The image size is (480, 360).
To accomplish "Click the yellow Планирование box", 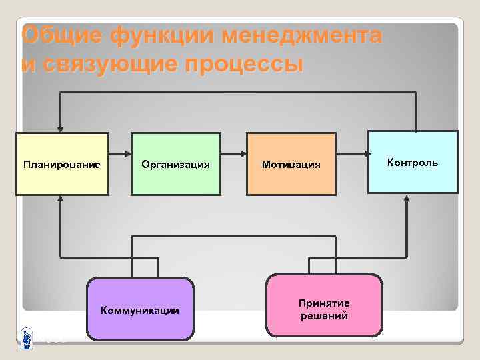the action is point(62,164).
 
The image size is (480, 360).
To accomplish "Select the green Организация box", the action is point(175,164).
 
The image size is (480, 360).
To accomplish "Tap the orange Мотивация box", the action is point(291,164).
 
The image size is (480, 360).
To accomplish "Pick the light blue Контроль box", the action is point(413,162).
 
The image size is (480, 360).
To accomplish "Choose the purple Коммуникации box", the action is point(139,309).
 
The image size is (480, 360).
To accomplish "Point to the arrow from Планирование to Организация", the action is point(119,155).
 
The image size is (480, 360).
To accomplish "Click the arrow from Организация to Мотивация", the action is point(233,155).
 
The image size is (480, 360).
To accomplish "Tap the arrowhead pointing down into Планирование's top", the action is point(61,128).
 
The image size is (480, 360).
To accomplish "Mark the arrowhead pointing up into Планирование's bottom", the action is point(61,199).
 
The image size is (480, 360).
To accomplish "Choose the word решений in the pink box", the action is point(324,316).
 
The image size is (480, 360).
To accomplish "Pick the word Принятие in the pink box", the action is point(324,303).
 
